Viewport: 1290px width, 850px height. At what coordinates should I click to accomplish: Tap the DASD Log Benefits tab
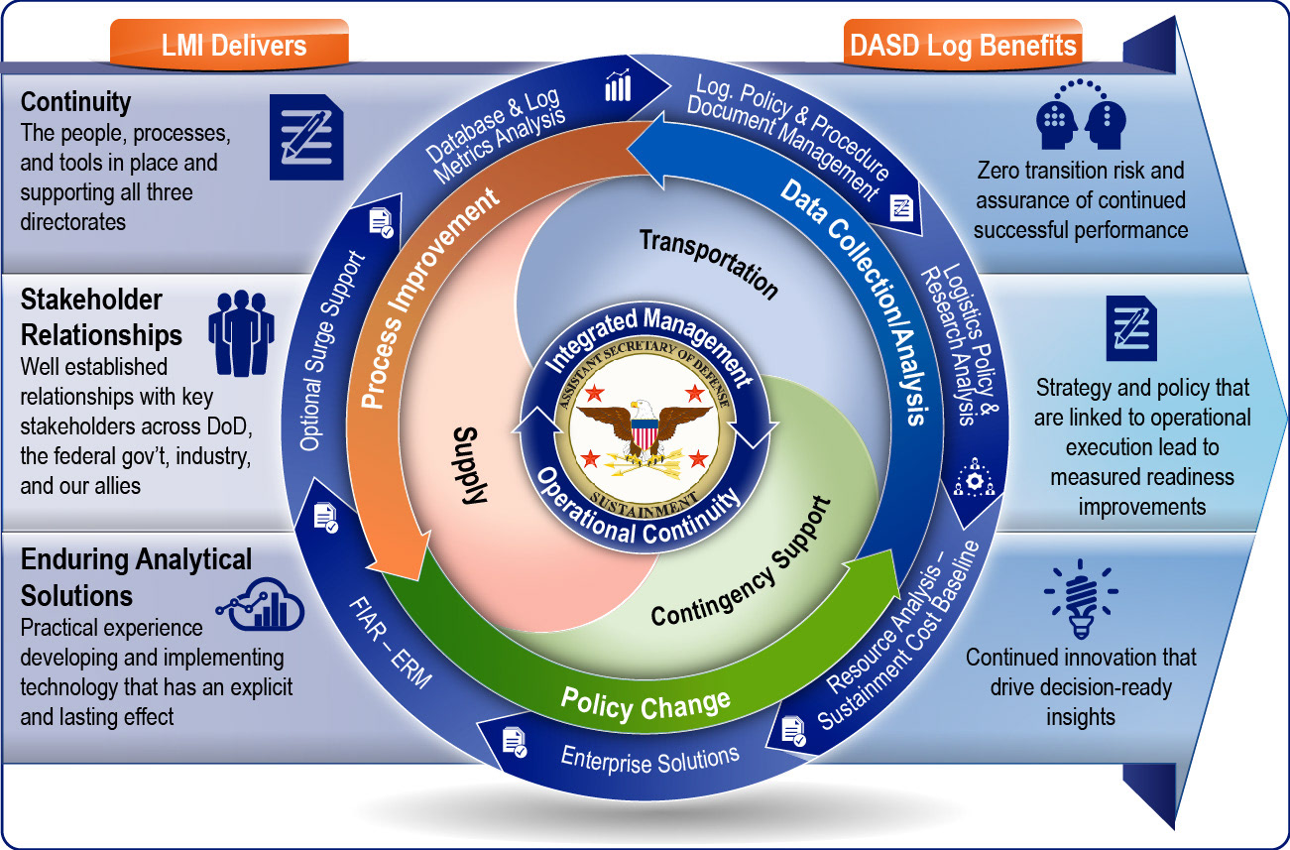click(x=963, y=46)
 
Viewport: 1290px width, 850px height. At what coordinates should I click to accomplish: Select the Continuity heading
click(x=75, y=102)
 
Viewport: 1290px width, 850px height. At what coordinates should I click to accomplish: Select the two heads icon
click(x=1080, y=117)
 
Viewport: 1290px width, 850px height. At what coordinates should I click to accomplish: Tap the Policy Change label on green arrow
click(x=645, y=701)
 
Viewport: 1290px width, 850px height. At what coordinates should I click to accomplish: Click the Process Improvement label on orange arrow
click(x=429, y=303)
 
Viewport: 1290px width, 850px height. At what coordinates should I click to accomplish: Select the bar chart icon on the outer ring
click(x=617, y=86)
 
